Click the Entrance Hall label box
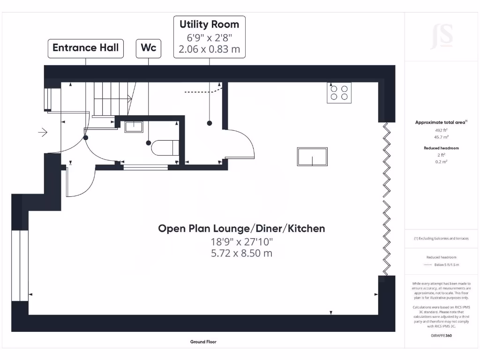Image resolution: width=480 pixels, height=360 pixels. tap(85, 48)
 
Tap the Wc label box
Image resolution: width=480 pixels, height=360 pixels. tap(149, 48)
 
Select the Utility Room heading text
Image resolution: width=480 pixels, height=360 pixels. tap(209, 24)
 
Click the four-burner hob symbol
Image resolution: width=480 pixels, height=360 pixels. tap(339, 92)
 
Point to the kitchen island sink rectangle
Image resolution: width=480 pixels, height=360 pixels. tap(312, 156)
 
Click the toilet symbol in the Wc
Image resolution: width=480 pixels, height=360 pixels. tap(165, 148)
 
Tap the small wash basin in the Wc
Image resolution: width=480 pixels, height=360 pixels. tap(134, 127)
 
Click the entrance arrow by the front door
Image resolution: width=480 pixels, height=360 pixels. tap(43, 133)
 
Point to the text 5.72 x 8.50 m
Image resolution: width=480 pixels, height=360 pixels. tap(241, 253)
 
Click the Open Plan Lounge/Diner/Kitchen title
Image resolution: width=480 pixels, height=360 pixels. tap(241, 228)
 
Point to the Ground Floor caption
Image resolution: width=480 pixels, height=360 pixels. tap(203, 342)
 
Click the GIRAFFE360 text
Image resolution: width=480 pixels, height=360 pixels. tap(441, 335)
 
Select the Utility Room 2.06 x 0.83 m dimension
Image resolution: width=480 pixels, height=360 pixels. tap(209, 48)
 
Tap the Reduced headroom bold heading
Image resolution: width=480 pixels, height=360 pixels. tap(441, 148)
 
